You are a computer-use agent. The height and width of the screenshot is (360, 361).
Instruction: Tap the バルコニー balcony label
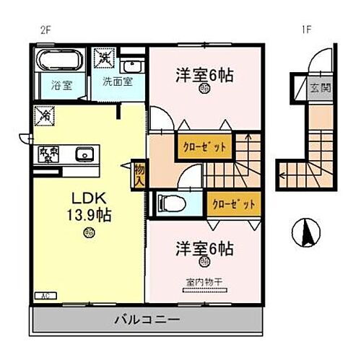tap(146, 319)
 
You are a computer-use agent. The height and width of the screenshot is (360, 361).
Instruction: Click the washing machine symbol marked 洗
tap(103, 56)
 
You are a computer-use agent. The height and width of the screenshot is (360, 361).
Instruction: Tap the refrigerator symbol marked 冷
tap(43, 114)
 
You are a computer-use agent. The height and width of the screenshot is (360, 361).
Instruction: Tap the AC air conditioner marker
tap(45, 294)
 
